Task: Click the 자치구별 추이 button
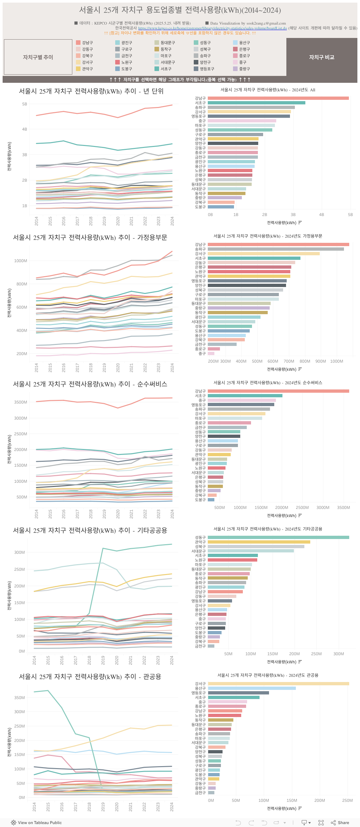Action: [x=38, y=57]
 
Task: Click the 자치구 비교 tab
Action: [x=321, y=57]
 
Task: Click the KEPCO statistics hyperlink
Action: [x=212, y=28]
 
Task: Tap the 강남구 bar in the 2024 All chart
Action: [x=278, y=98]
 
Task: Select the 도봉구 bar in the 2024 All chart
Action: [x=221, y=207]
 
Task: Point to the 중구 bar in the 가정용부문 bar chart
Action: [x=211, y=353]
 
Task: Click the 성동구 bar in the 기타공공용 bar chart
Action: [x=278, y=537]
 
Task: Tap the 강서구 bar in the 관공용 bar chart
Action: [x=278, y=684]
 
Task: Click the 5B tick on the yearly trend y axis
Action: [x=25, y=104]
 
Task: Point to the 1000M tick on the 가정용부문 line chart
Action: [x=21, y=261]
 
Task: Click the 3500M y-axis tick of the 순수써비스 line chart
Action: [x=21, y=402]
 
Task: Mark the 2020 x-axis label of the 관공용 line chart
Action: [x=117, y=807]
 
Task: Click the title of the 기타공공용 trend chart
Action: [x=90, y=530]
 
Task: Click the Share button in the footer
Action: [x=340, y=822]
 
